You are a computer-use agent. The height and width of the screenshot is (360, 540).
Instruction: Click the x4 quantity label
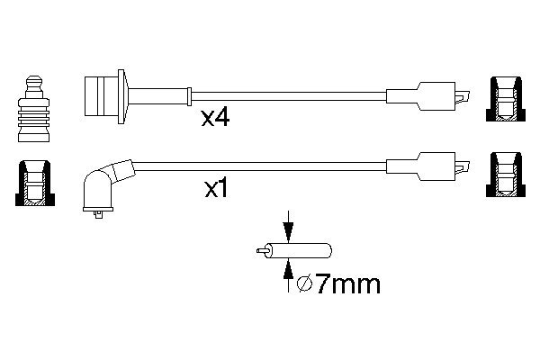pyautogui.click(x=215, y=117)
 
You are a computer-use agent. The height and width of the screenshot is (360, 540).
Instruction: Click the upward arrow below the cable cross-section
pyautogui.click(x=287, y=273)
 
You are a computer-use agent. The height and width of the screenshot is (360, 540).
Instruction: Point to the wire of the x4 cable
pyautogui.click(x=288, y=94)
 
